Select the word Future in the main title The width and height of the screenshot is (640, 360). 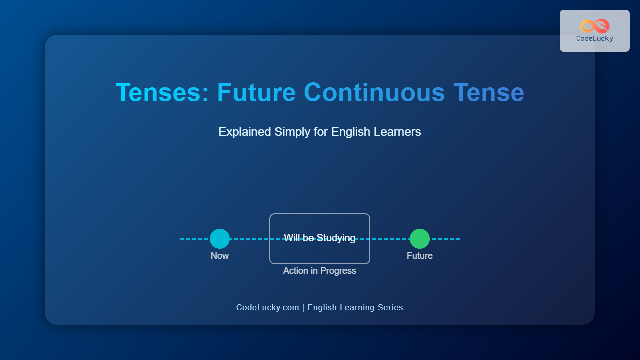pyautogui.click(x=256, y=92)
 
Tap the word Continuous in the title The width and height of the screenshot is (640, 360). pyautogui.click(x=374, y=92)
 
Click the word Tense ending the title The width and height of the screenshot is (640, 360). pyautogui.click(x=489, y=92)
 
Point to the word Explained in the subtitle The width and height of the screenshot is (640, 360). pyautogui.click(x=245, y=132)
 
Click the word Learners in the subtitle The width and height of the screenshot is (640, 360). pyautogui.click(x=397, y=132)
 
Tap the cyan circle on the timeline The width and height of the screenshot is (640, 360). pyautogui.click(x=220, y=239)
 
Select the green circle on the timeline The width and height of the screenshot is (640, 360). pyautogui.click(x=420, y=239)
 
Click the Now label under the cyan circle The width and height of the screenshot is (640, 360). pyautogui.click(x=220, y=256)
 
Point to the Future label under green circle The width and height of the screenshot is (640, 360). pyautogui.click(x=420, y=256)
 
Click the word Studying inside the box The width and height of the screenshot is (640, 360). pyautogui.click(x=336, y=238)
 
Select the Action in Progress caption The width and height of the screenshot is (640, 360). pyautogui.click(x=319, y=271)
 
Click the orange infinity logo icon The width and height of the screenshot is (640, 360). pyautogui.click(x=595, y=26)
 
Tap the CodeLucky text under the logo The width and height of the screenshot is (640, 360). pyautogui.click(x=595, y=39)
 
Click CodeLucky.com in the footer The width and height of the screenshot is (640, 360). pyautogui.click(x=267, y=307)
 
